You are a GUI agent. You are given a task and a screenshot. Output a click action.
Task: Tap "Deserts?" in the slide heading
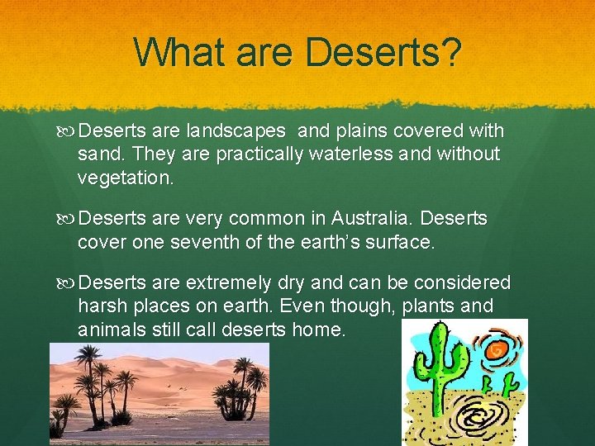point(383,52)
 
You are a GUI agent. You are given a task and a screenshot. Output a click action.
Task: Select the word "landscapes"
point(236,131)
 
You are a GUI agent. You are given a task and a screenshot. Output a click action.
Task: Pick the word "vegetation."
point(126,176)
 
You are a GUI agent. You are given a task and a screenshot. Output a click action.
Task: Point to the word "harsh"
point(100,306)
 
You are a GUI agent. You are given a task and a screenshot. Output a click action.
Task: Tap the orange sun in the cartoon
point(498,350)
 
